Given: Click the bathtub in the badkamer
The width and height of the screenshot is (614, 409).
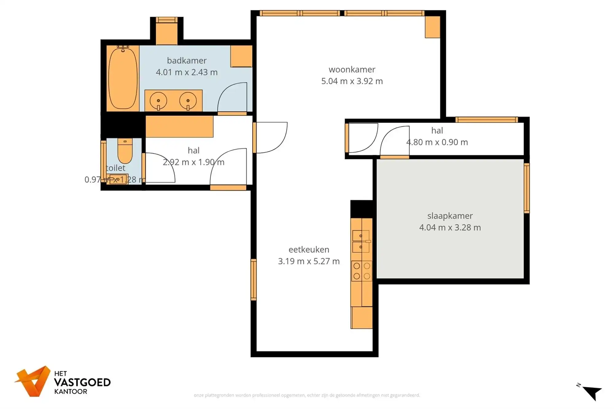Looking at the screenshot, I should (122, 78).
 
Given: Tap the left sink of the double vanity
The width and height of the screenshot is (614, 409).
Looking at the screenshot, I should (158, 101).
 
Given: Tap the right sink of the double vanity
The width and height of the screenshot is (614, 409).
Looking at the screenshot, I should (188, 101).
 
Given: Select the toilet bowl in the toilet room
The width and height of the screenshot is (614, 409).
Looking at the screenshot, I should (125, 152).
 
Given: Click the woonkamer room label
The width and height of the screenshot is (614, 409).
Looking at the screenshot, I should (352, 70).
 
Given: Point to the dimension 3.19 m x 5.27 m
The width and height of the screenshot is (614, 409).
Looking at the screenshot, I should (309, 261).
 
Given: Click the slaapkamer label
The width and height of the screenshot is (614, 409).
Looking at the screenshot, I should (450, 216).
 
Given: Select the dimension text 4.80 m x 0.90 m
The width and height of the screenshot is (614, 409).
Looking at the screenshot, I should (437, 142).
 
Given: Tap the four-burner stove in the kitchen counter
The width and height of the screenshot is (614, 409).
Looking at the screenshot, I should (362, 271).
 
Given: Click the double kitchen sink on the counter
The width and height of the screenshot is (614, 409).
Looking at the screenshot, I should (361, 241).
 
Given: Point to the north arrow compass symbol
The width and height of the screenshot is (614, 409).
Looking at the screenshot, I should (591, 392).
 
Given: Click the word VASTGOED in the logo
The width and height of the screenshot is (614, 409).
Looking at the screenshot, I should (82, 382).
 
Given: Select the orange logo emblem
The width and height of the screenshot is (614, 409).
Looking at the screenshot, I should (33, 381).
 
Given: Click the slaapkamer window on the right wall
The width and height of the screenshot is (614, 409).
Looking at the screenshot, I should (527, 188).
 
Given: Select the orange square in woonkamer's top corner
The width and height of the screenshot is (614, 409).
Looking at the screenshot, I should (432, 27).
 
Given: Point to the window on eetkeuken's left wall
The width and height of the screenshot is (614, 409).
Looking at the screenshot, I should (254, 280).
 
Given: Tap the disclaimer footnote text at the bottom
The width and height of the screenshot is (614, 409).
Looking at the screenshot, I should (307, 395).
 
